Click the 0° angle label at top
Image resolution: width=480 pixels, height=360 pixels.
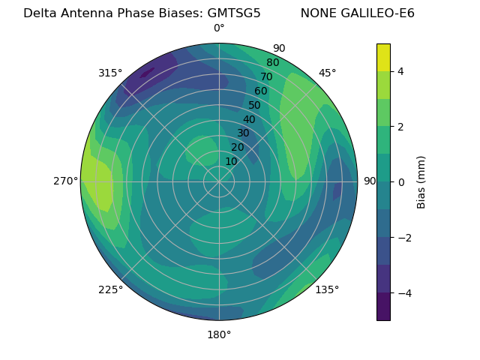click(219, 28)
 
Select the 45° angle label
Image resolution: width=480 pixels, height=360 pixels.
click(327, 73)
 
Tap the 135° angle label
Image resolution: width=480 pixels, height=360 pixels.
click(327, 289)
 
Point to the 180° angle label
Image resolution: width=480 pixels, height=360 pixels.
click(219, 334)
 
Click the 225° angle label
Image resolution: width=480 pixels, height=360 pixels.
click(110, 289)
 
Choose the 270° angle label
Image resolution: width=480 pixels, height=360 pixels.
click(66, 181)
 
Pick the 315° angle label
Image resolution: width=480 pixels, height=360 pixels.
click(110, 73)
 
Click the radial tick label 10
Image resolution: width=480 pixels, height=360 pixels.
click(231, 161)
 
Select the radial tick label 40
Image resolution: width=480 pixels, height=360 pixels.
click(249, 120)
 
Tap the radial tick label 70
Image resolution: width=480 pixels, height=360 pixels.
click(266, 77)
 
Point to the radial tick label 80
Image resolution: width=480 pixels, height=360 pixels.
click(272, 63)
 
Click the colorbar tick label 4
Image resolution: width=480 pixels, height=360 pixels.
click(400, 71)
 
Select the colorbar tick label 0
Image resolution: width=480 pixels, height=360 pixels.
click(400, 182)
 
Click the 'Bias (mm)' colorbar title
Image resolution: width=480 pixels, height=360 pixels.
click(421, 182)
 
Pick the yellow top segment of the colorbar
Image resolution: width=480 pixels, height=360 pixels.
click(383, 58)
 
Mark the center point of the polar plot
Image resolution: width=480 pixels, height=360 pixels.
click(219, 181)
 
